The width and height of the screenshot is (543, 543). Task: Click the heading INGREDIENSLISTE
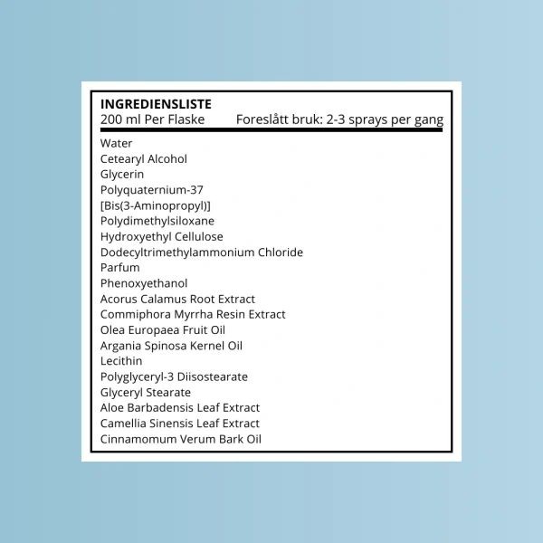[x=156, y=104]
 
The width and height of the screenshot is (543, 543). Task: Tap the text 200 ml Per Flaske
[x=152, y=119]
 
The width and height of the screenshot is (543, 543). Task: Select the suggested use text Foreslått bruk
[x=339, y=119]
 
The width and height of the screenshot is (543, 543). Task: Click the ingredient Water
[x=117, y=143]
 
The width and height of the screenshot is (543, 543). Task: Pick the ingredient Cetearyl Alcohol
[x=144, y=158]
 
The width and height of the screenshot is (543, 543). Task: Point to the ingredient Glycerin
[x=122, y=174]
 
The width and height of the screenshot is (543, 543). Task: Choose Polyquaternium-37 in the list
[x=152, y=190]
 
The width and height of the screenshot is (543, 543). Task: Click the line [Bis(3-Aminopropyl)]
[x=156, y=205]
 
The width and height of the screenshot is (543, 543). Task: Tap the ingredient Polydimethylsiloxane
[x=157, y=221]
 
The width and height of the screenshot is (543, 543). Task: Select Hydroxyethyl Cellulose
[x=162, y=236]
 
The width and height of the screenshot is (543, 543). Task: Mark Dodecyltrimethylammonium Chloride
[x=202, y=252]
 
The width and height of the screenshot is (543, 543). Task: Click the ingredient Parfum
[x=120, y=268]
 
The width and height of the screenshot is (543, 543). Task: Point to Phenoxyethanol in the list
[x=144, y=283]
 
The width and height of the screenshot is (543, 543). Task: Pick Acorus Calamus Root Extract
[x=177, y=299]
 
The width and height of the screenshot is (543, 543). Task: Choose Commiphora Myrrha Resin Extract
[x=193, y=314]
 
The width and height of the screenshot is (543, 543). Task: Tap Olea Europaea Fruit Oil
[x=163, y=330]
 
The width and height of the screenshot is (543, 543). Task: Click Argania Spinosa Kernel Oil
[x=171, y=346]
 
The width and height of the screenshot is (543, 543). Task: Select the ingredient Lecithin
[x=122, y=361]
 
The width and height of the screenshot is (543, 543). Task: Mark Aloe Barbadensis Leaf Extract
[x=180, y=408]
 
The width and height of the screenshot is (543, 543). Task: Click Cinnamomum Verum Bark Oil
[x=181, y=439]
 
